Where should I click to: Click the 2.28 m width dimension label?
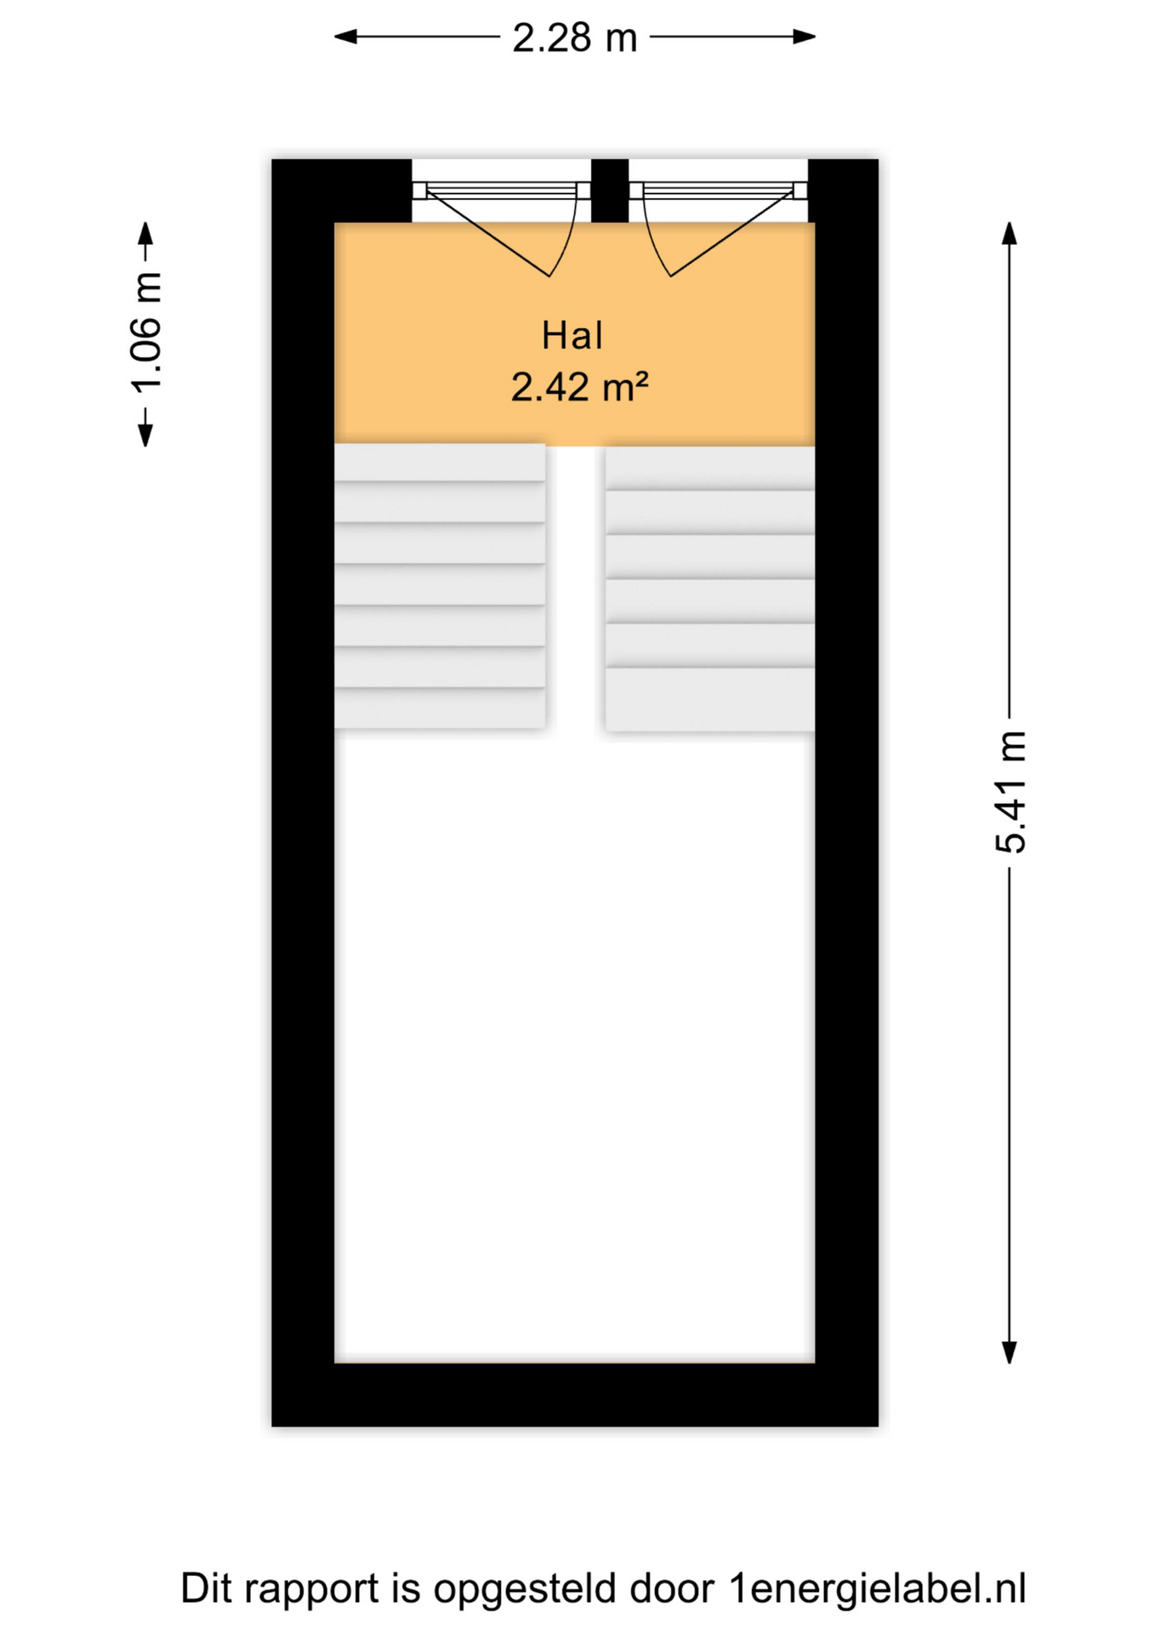(574, 38)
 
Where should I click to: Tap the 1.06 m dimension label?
(146, 333)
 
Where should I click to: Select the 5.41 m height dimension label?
(1010, 792)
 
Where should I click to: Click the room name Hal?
(572, 336)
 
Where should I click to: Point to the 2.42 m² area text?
(579, 388)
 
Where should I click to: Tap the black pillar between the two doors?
(610, 190)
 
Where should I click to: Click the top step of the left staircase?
(440, 462)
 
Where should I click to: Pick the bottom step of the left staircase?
(440, 708)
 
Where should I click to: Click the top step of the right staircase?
(709, 468)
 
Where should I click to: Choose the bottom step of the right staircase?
(709, 699)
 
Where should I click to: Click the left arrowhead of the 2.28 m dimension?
(345, 37)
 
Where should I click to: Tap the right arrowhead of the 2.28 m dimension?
(805, 37)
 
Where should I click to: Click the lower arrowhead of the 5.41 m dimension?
(1010, 1352)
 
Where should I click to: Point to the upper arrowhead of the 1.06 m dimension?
(146, 234)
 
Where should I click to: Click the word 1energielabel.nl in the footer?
(877, 1589)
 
